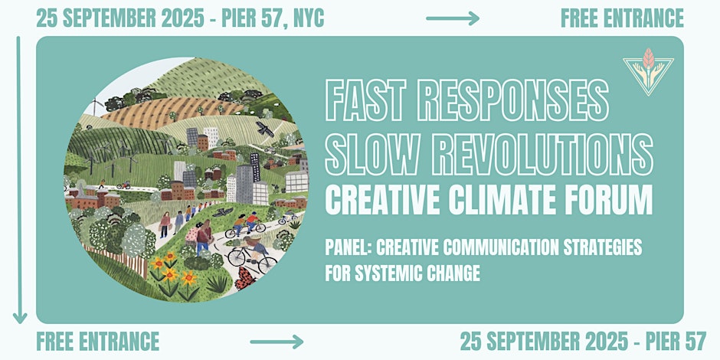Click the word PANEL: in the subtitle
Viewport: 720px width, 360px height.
click(348, 248)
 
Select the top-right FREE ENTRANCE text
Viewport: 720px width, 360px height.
click(622, 18)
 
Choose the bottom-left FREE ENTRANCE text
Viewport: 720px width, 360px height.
click(98, 341)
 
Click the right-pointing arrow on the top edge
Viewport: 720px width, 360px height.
click(453, 18)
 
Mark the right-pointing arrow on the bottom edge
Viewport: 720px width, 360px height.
click(277, 342)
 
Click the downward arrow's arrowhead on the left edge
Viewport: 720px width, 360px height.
click(20, 317)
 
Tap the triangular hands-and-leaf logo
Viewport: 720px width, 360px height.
click(648, 72)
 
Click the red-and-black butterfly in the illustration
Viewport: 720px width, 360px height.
click(245, 278)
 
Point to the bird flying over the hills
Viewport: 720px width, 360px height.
click(265, 129)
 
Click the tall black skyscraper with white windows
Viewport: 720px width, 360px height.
click(255, 167)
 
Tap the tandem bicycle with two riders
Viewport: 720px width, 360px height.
click(245, 226)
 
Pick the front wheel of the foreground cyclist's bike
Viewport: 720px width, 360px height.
click(268, 265)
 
